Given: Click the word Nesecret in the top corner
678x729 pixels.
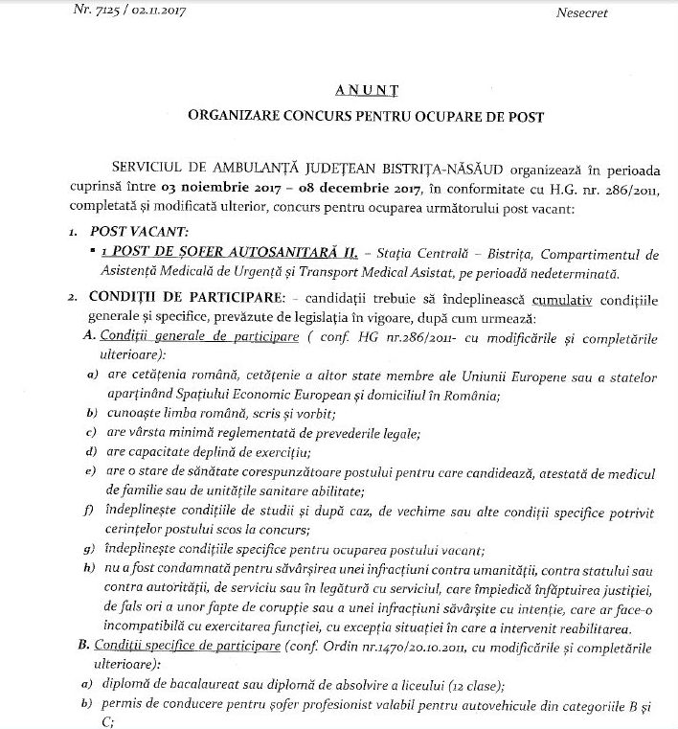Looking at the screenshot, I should (581, 14).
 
